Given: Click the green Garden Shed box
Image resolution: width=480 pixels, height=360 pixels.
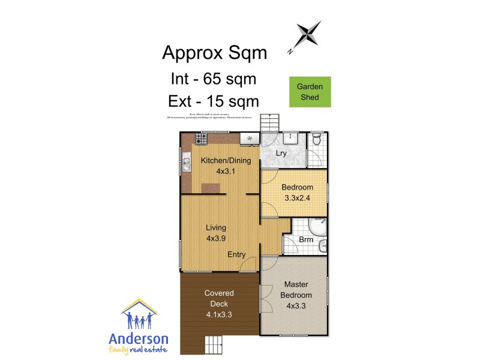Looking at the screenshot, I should (x=310, y=92).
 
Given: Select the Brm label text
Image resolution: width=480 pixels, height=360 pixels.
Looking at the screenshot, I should (x=306, y=239).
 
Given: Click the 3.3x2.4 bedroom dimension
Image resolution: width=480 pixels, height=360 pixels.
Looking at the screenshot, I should (x=298, y=197).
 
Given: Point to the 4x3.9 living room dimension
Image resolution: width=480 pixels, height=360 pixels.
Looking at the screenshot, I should (x=216, y=238).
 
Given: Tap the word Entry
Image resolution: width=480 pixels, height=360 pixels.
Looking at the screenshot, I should (x=236, y=254).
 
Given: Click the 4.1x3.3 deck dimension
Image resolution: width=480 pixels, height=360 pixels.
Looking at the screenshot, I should (x=218, y=314).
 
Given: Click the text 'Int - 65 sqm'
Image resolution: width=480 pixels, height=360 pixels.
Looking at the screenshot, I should (x=214, y=78).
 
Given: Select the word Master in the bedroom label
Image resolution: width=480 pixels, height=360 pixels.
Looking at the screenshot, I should (x=296, y=284).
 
